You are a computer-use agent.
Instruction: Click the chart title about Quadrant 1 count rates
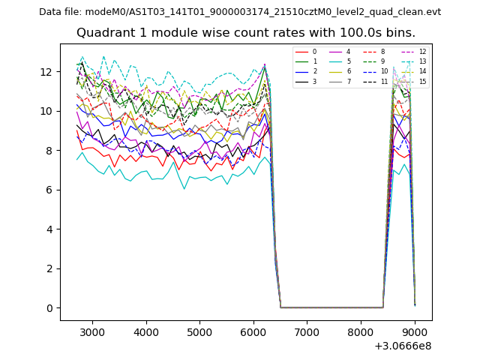point(246,33)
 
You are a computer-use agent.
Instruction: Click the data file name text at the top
point(240,12)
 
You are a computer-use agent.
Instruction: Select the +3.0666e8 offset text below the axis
point(402,346)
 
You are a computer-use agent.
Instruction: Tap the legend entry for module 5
point(348,61)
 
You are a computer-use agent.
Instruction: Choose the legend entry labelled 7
point(348,81)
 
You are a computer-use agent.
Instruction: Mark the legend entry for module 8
point(382,52)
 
